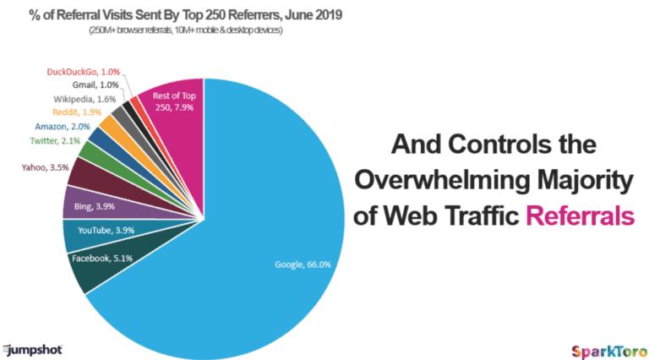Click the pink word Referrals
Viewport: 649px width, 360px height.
click(x=580, y=215)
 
